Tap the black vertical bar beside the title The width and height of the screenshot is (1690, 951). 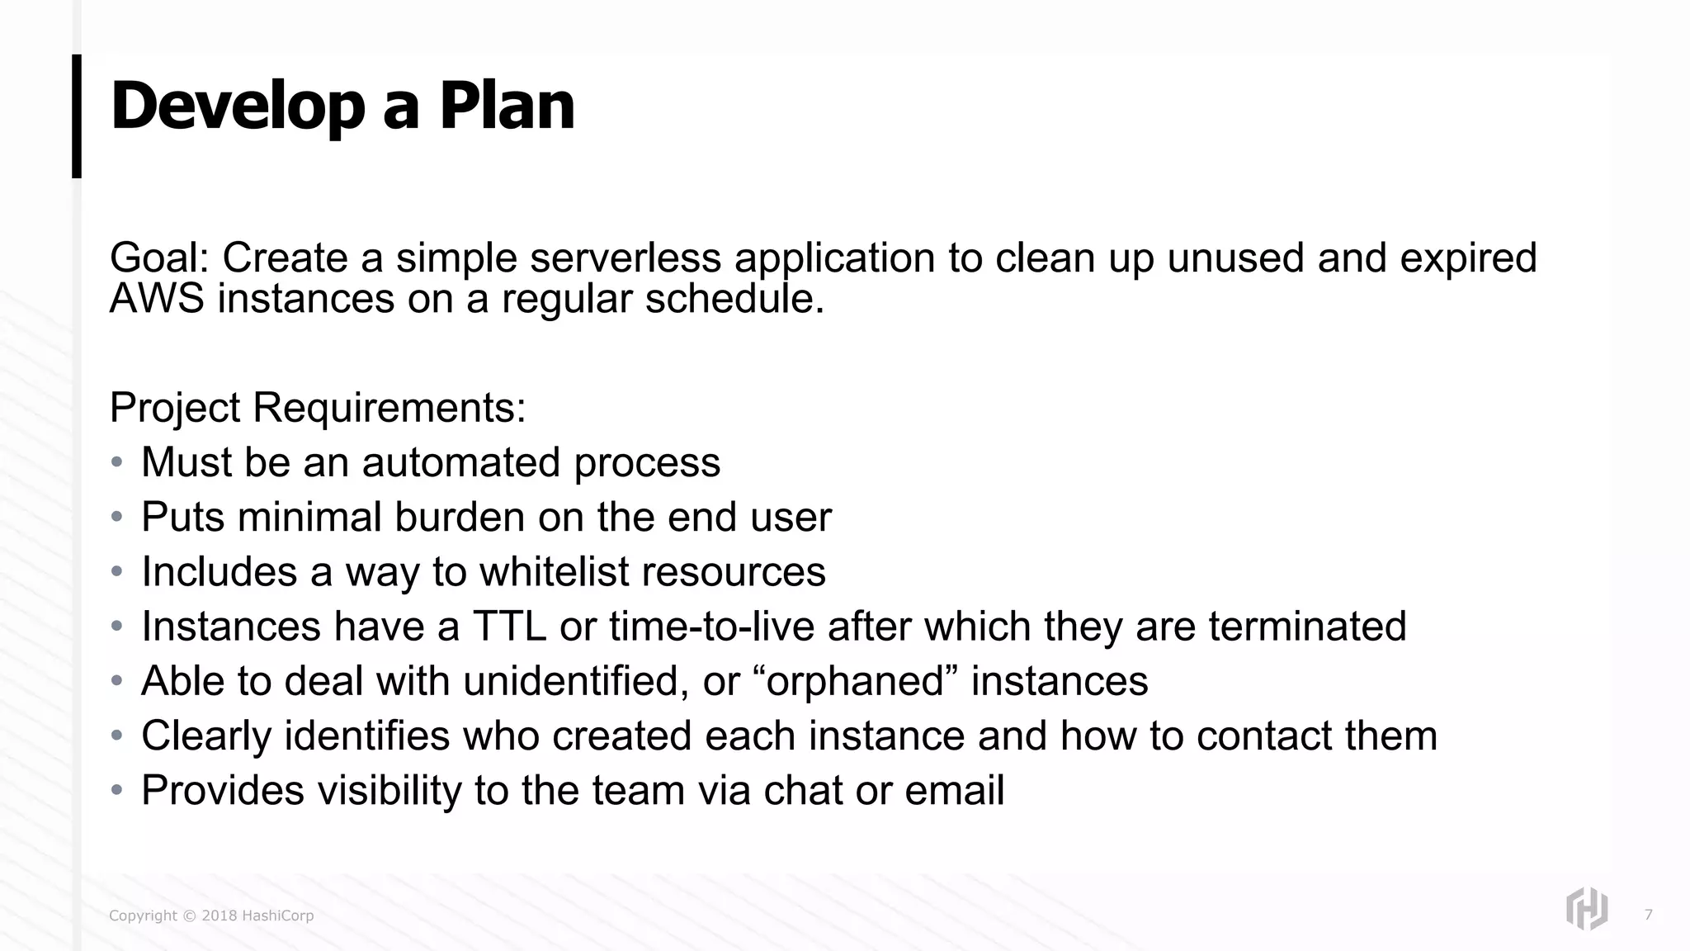pyautogui.click(x=77, y=116)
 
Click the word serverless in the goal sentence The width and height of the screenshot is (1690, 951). pyautogui.click(x=625, y=258)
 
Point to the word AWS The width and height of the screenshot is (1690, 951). pyautogui.click(x=156, y=298)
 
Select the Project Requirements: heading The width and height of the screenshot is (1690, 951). pyautogui.click(x=318, y=407)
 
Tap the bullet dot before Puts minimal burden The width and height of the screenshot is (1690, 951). pyautogui.click(x=117, y=517)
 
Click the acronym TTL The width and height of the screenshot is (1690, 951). pyautogui.click(x=509, y=626)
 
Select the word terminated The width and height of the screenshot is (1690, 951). pyautogui.click(x=1307, y=626)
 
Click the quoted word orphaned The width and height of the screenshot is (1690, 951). pyautogui.click(x=856, y=681)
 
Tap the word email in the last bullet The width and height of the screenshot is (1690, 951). pyautogui.click(x=954, y=790)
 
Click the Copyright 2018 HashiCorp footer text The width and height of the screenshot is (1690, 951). pyautogui.click(x=211, y=916)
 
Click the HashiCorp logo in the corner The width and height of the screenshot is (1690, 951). pyautogui.click(x=1586, y=909)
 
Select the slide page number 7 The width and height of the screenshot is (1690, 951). pyautogui.click(x=1648, y=915)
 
